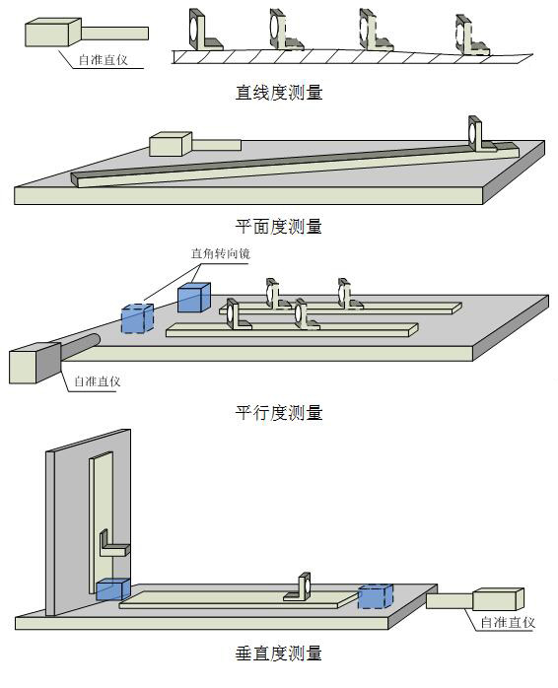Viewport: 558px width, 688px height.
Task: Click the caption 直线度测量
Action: [279, 92]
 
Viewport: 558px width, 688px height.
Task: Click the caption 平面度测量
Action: [279, 227]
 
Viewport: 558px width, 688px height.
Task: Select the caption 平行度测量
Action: [279, 412]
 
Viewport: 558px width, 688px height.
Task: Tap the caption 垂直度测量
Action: [279, 654]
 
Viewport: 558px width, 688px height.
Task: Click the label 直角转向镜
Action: [221, 253]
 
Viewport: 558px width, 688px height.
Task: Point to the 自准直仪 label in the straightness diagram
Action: [104, 60]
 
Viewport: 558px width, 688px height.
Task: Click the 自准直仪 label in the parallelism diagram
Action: [97, 381]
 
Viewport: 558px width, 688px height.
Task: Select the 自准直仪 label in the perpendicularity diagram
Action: [508, 622]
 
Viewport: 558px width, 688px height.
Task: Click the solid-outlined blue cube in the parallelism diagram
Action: [194, 298]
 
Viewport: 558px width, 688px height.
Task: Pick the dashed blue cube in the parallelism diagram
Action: [137, 318]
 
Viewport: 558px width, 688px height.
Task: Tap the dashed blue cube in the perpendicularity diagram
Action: [376, 596]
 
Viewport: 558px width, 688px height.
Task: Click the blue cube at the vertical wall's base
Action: [112, 589]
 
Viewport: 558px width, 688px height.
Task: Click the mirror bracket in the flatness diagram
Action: [481, 135]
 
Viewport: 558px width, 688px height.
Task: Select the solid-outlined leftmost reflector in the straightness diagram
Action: [205, 30]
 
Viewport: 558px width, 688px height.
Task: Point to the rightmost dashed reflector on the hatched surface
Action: [471, 36]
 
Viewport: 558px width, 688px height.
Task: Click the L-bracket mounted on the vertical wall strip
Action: [114, 544]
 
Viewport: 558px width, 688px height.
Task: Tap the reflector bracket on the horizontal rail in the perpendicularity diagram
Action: [299, 587]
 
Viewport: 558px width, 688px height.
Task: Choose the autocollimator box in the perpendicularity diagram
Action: [498, 599]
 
